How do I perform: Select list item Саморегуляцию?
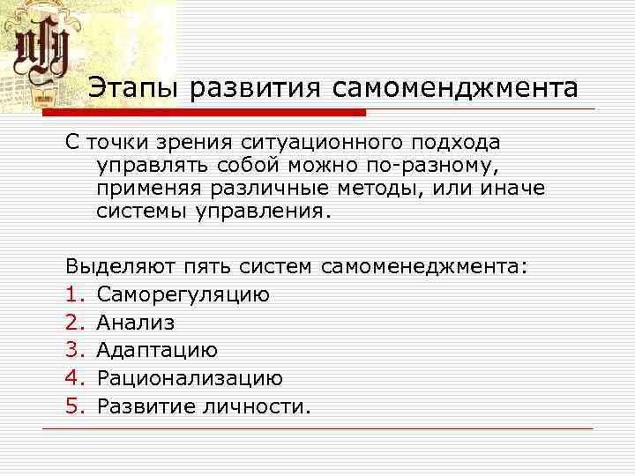[183, 294]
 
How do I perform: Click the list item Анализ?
[136, 323]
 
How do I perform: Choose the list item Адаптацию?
[157, 351]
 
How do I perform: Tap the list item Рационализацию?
[190, 379]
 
